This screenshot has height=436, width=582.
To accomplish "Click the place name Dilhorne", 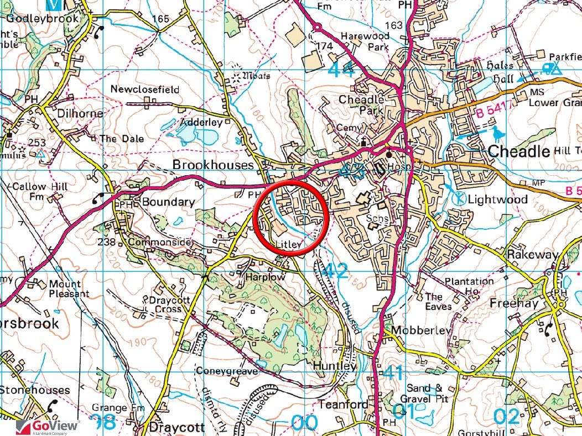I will tap(80, 113).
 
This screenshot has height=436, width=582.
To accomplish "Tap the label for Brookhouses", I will tap(213, 165).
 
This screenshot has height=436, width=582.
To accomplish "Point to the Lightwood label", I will tap(498, 199).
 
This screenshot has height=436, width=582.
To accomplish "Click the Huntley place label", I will tap(332, 366).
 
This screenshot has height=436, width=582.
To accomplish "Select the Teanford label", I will tap(342, 405).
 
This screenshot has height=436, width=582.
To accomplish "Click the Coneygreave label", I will tap(227, 371).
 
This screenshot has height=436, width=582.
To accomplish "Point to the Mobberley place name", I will tap(421, 330).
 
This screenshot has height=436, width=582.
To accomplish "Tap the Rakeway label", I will tap(533, 255).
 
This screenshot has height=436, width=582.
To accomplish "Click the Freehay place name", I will tap(514, 303).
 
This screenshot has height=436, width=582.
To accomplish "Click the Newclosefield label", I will tap(145, 89).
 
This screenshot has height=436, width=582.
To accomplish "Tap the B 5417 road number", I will tap(494, 114).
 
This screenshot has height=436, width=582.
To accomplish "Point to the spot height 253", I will tap(37, 143).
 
